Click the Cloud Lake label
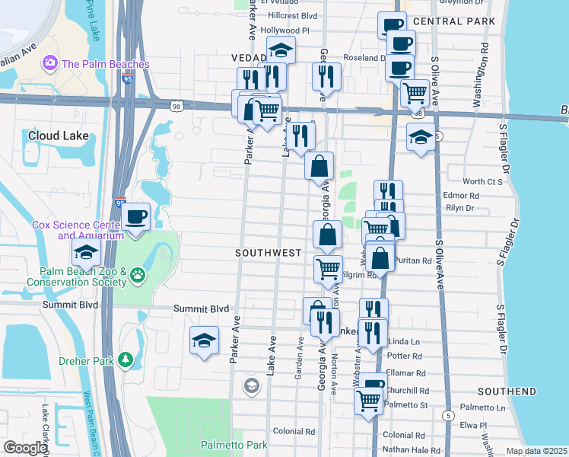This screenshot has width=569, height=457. click(59, 136)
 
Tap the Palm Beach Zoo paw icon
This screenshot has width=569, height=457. click(137, 274)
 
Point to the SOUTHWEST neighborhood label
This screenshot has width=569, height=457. click(269, 252)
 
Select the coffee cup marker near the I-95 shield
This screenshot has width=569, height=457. click(135, 217)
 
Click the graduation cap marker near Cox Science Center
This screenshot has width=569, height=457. click(86, 252)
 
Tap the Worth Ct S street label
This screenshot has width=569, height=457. click(483, 182)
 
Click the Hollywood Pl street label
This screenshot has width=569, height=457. click(285, 30)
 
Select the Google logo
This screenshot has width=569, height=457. click(25, 448)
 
